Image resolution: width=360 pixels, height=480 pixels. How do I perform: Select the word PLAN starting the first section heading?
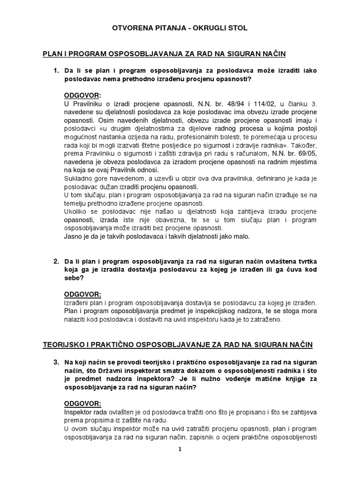(x=52, y=55)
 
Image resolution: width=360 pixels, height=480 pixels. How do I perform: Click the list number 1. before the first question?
(x=56, y=71)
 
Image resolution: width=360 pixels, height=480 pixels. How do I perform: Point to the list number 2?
(x=56, y=261)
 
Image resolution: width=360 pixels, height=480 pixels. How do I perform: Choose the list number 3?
(x=56, y=362)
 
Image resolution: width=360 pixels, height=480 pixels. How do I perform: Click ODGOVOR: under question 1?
(x=82, y=95)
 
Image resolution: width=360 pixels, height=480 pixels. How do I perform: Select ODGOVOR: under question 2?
(x=82, y=294)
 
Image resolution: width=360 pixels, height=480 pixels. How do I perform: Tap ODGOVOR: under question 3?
(x=82, y=404)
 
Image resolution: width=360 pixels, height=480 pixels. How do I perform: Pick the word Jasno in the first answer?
(x=73, y=236)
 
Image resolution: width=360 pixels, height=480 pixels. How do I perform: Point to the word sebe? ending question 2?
(x=74, y=278)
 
